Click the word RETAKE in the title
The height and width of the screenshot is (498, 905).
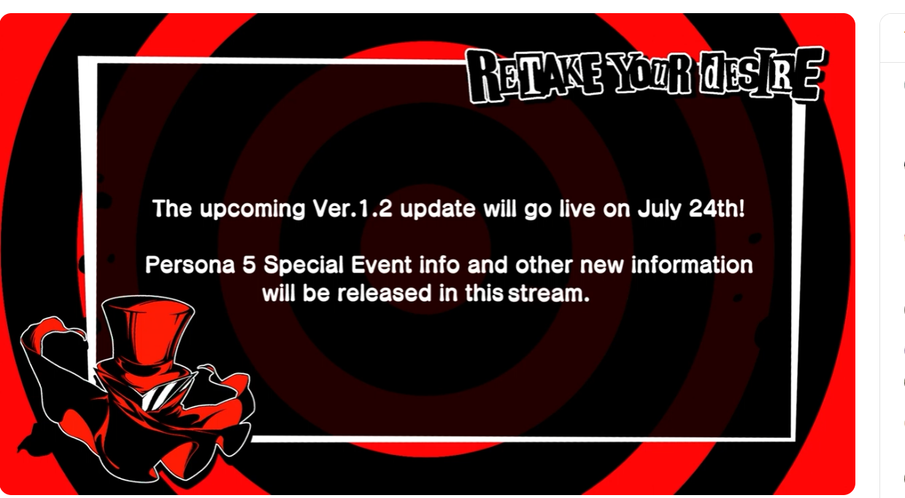pyautogui.click(x=534, y=77)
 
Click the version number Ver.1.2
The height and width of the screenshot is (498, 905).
pyautogui.click(x=353, y=209)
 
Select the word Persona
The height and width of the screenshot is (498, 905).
pyautogui.click(x=190, y=265)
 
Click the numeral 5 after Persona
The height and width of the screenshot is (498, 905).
pyautogui.click(x=249, y=265)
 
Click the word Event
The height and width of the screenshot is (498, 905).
pyautogui.click(x=382, y=265)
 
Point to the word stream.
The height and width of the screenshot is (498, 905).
pyautogui.click(x=549, y=294)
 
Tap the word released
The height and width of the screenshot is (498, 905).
pyautogui.click(x=385, y=293)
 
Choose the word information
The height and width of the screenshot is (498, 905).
pyautogui.click(x=692, y=265)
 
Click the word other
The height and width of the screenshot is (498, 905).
pyautogui.click(x=544, y=265)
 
